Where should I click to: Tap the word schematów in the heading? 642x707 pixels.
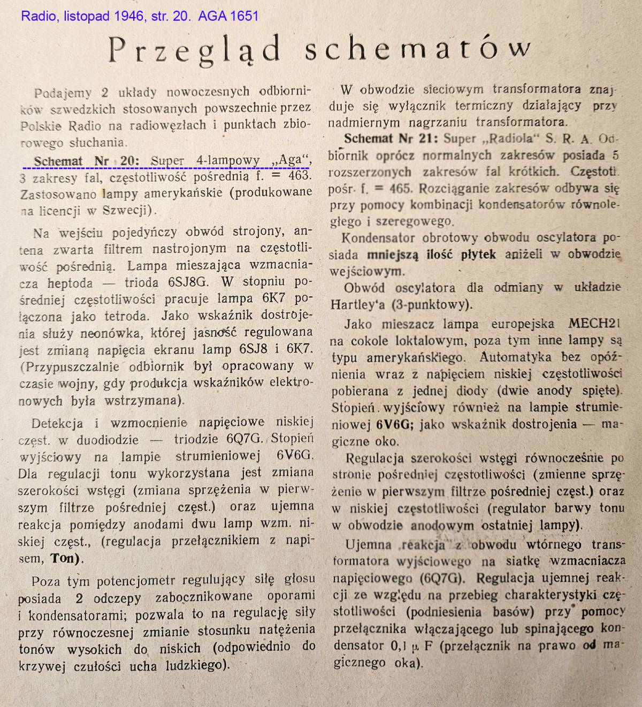418,50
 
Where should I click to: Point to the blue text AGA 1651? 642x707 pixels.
228,16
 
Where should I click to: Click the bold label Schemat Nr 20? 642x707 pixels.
86,160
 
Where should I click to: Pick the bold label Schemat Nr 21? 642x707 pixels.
391,139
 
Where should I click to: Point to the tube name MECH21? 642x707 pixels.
586,324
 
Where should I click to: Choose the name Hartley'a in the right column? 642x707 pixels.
363,304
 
